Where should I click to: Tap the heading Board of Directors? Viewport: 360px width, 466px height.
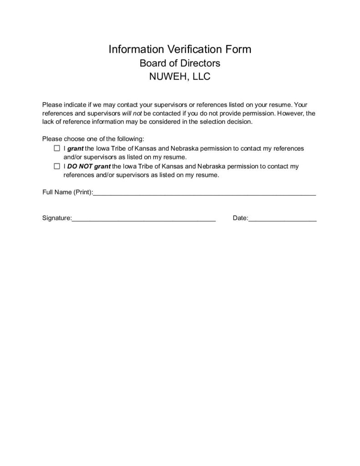(x=180, y=63)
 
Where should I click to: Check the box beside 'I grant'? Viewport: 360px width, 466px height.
(x=57, y=148)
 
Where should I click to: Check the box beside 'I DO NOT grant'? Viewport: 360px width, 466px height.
(x=57, y=166)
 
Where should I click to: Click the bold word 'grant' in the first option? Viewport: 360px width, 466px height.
(x=75, y=148)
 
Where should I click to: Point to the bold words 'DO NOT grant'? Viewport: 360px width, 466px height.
(x=89, y=166)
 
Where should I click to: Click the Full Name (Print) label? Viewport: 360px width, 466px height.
(x=67, y=192)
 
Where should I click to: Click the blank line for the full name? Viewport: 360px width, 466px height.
(x=204, y=193)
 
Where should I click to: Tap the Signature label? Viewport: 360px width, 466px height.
(x=56, y=218)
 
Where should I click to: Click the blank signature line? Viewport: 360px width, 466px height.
(x=143, y=219)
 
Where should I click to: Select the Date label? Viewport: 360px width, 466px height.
(x=240, y=218)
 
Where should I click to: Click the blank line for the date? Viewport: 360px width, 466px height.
(x=283, y=219)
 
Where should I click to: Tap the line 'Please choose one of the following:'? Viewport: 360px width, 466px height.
(x=93, y=139)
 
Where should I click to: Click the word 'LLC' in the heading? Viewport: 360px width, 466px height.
(x=201, y=76)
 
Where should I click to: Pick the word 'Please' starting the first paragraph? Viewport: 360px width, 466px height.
(x=51, y=104)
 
